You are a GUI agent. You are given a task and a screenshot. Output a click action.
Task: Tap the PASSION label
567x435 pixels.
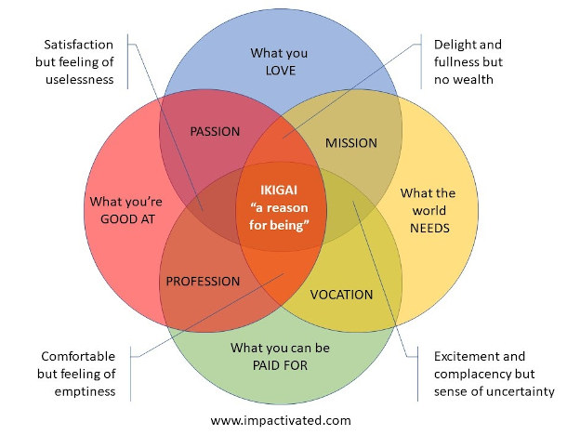[x=215, y=131]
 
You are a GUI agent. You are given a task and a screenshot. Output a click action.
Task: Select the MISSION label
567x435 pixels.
[x=351, y=143]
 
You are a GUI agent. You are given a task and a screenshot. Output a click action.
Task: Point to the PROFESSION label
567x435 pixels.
[x=203, y=281]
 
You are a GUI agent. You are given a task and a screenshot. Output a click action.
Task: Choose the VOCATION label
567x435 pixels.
[x=341, y=295]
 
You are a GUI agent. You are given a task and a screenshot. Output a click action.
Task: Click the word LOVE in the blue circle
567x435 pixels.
[x=279, y=71]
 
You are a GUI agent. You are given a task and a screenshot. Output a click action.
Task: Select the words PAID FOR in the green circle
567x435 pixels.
[x=280, y=366]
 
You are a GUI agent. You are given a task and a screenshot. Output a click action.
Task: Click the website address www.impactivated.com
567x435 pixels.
[x=281, y=420]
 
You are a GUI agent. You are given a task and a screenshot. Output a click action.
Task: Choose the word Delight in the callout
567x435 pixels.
[x=456, y=45]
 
